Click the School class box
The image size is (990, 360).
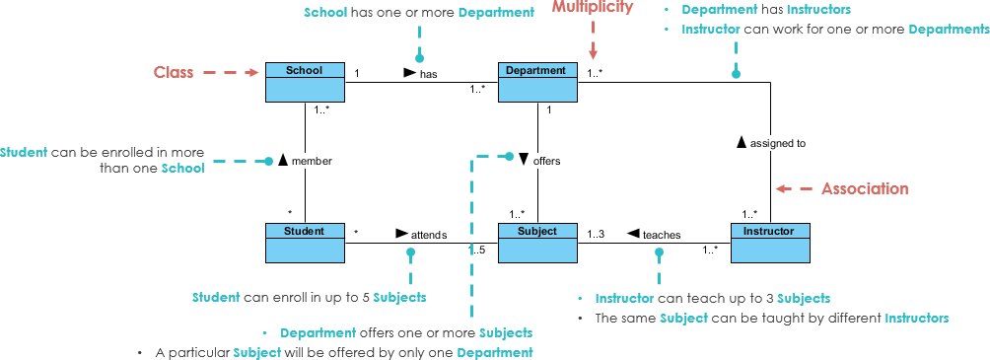[306, 82]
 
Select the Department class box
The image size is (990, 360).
[536, 82]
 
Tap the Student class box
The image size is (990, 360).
[306, 243]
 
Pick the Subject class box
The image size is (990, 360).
[536, 243]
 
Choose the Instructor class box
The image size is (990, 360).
[769, 243]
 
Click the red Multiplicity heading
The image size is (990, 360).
[592, 8]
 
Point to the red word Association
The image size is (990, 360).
[865, 188]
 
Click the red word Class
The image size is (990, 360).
[174, 72]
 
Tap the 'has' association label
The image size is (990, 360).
[428, 74]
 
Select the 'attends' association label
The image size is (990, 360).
[429, 235]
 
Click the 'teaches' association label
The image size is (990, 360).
[661, 235]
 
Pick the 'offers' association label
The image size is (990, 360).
[546, 159]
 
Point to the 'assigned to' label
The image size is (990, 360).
[777, 143]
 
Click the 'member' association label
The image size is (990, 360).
[312, 161]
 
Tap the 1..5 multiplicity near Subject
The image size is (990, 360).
[477, 250]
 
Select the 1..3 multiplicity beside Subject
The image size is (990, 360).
[596, 234]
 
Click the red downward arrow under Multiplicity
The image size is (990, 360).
[593, 45]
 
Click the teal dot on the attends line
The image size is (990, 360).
[411, 252]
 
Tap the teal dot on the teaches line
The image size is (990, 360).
[660, 252]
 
